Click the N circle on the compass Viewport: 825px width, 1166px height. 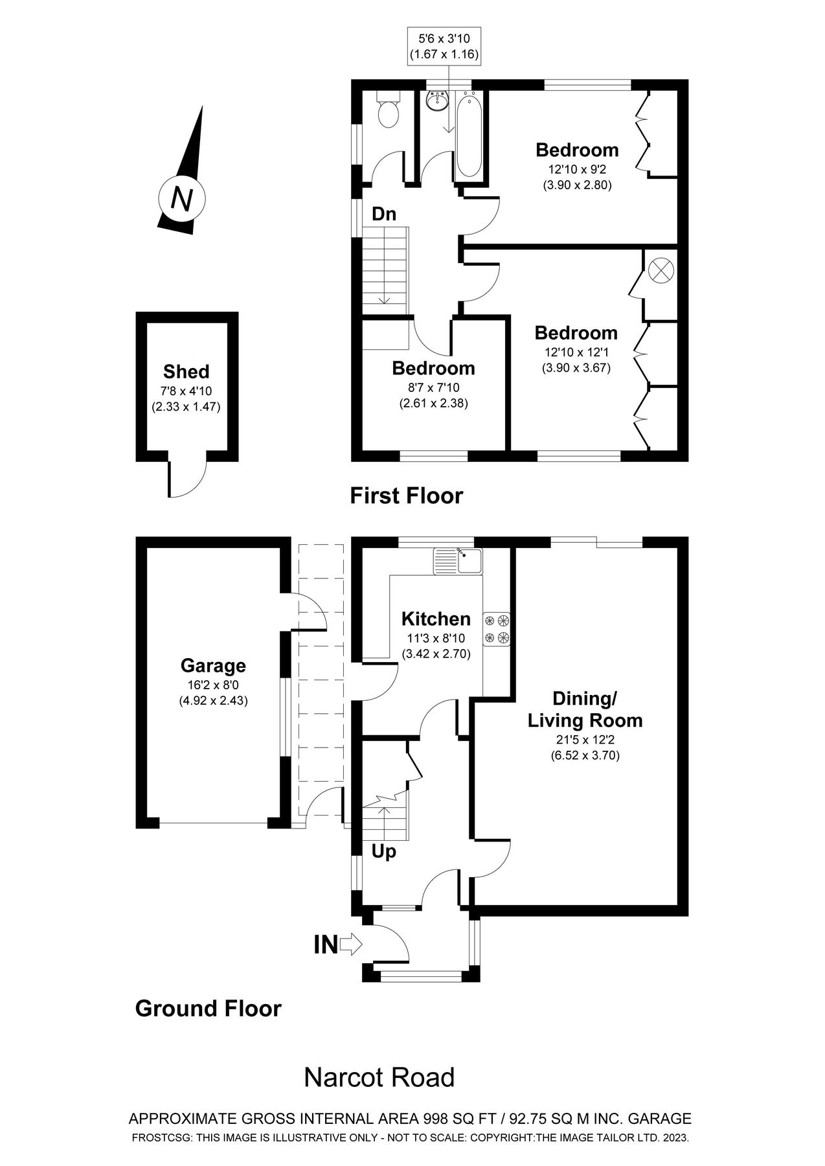182,198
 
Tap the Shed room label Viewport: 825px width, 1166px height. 186,372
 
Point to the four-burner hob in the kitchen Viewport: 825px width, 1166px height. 497,629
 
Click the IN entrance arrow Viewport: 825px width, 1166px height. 350,944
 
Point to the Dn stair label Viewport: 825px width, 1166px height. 383,214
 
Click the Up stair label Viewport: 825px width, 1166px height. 383,851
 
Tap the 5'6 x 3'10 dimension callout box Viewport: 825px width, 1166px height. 444,46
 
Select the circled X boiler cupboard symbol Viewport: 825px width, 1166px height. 661,269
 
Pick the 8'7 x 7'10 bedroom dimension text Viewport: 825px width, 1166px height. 433,388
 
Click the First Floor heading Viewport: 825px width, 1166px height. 406,496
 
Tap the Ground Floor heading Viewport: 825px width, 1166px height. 208,1009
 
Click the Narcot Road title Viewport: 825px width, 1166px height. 379,1078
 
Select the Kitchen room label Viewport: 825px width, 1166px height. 436,619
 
